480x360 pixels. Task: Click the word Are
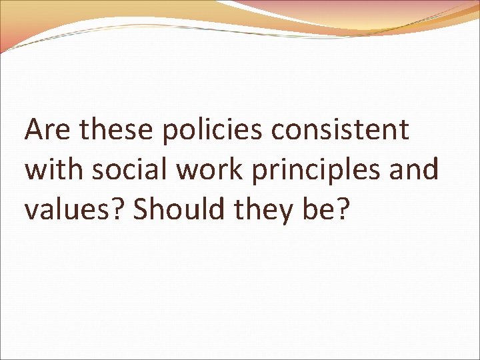coord(47,130)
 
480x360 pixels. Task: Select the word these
coord(115,130)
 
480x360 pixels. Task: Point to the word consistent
coord(340,130)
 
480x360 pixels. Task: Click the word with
coord(54,169)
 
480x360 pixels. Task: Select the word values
coord(66,209)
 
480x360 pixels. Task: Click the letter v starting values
coord(32,211)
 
